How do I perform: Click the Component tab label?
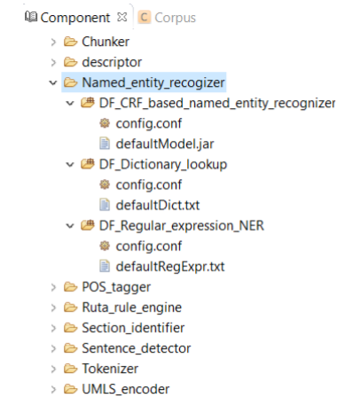[75, 18]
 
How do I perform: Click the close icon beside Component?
[121, 17]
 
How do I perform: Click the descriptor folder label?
[112, 62]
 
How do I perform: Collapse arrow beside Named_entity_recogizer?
[53, 82]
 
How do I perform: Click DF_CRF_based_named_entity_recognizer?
[217, 103]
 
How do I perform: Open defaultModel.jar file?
[165, 144]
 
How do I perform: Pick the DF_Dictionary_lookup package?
[163, 164]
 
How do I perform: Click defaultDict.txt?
[158, 206]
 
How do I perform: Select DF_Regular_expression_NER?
[182, 226]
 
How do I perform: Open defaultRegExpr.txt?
[170, 267]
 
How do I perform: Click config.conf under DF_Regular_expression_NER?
[149, 246]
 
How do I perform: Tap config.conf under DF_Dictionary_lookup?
[149, 185]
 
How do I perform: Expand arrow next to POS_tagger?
[53, 287]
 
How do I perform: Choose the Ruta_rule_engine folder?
[132, 308]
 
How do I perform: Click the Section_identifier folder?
[133, 328]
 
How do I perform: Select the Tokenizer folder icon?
[71, 369]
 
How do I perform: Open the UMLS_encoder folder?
[126, 389]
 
